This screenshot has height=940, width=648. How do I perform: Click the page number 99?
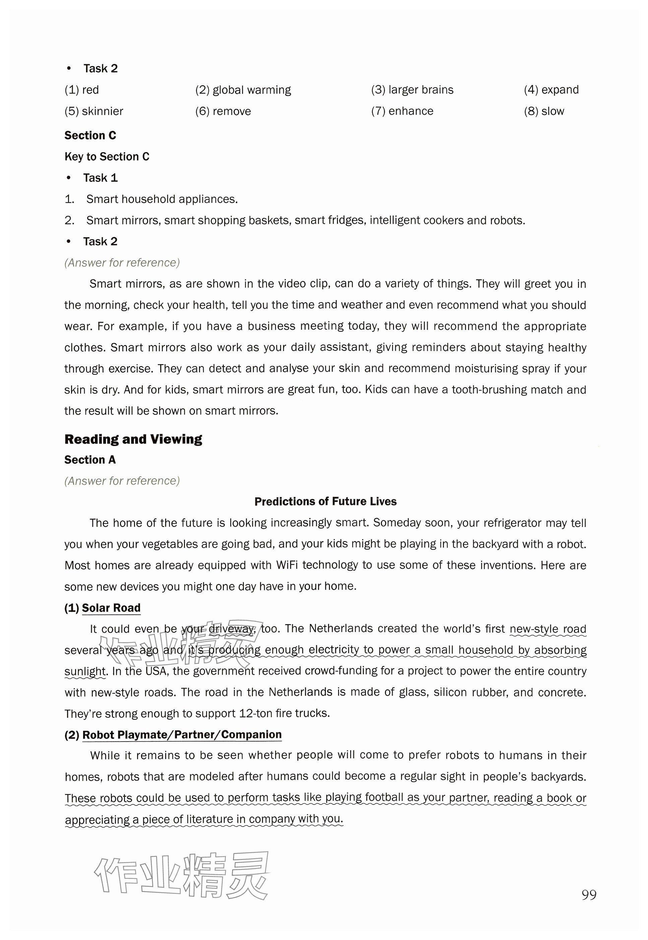[589, 894]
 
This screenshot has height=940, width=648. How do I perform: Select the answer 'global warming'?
[252, 90]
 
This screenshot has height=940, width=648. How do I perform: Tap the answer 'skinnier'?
[102, 111]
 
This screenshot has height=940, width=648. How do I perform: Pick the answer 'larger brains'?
[420, 90]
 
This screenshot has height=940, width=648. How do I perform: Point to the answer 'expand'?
[560, 90]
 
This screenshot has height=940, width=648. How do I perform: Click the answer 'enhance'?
[410, 111]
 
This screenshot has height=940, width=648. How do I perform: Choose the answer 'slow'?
[553, 111]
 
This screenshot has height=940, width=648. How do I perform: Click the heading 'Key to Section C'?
[107, 157]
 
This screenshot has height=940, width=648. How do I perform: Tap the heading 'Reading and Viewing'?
[133, 439]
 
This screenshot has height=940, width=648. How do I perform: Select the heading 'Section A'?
[90, 460]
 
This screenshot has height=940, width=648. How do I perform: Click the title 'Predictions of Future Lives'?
[325, 502]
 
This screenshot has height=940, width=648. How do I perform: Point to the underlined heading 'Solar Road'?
[111, 608]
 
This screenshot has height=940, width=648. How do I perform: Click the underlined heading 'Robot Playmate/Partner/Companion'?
[182, 735]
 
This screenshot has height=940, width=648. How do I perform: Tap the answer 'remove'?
[232, 111]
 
